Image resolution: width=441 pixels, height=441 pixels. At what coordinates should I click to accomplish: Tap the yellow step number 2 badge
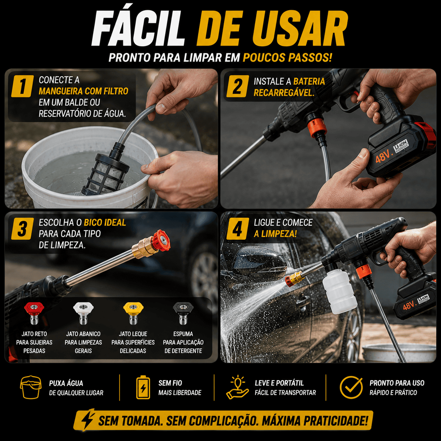pos(237,86)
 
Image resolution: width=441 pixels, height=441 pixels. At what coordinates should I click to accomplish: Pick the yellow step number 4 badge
pos(237,229)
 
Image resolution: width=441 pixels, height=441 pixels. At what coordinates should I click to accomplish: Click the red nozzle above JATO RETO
pos(34,313)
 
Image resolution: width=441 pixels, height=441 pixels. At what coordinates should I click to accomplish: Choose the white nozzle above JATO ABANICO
pos(83,313)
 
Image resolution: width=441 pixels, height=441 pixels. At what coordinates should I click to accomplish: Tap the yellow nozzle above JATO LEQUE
pos(133,313)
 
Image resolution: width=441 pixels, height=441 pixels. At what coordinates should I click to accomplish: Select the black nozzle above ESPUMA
pos(183,313)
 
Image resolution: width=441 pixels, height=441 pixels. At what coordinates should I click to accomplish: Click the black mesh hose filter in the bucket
pos(104,172)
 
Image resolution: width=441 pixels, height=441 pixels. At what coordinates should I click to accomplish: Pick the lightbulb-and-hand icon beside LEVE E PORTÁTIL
pos(237,387)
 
